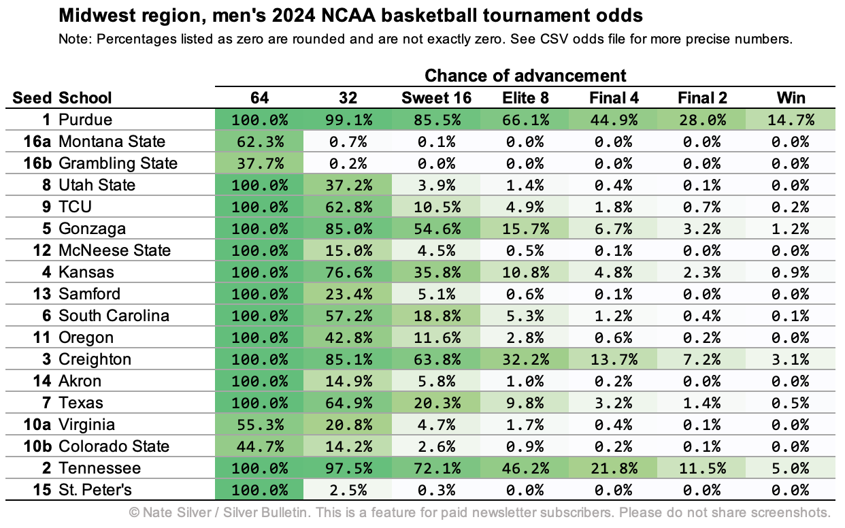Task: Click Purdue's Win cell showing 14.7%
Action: coord(791,120)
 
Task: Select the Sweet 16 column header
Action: coord(436,98)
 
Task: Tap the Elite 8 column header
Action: coord(525,98)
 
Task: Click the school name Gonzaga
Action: coord(92,229)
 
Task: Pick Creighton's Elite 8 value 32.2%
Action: coord(525,359)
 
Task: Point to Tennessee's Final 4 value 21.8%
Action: coord(614,468)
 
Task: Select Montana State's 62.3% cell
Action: coord(259,142)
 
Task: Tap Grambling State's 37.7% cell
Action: coord(259,164)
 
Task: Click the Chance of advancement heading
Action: coord(525,76)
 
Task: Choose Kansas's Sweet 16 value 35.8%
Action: coord(436,272)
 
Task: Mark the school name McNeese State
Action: coord(114,250)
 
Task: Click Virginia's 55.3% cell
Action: coord(259,425)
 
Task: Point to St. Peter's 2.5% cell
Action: coord(348,490)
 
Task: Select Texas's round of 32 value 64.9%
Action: coord(348,403)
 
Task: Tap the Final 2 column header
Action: coord(702,98)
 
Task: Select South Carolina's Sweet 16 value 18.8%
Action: coord(436,316)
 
